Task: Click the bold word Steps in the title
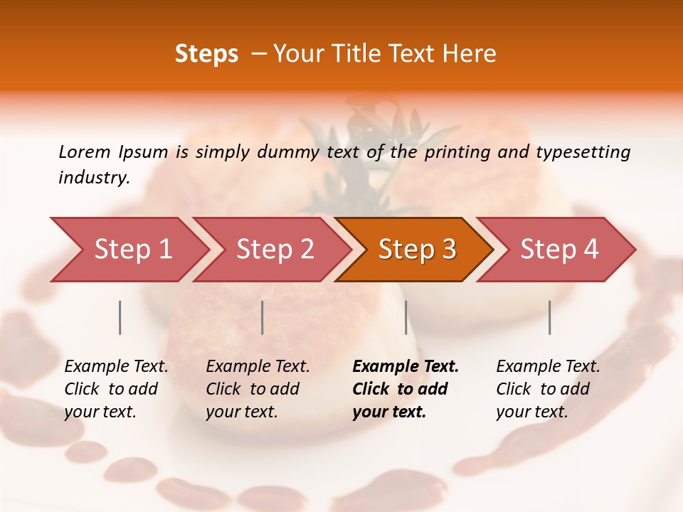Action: [x=206, y=54]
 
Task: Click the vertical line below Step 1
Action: [x=120, y=317]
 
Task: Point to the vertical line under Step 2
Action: [x=263, y=317]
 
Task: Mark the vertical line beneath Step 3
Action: [x=406, y=317]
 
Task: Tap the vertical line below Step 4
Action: [x=549, y=317]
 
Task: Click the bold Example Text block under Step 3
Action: [x=406, y=389]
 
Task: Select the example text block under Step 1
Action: [x=116, y=389]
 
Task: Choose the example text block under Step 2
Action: [x=258, y=389]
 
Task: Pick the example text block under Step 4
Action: [x=548, y=389]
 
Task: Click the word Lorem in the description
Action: [x=84, y=152]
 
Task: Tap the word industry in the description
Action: [x=94, y=178]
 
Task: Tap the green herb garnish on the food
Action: [x=370, y=142]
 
